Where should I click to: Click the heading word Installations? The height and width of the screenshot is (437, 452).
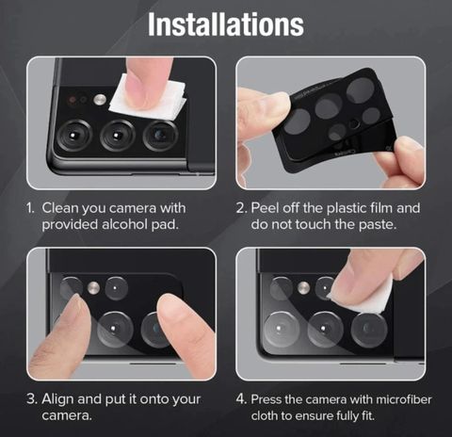pyautogui.click(x=226, y=24)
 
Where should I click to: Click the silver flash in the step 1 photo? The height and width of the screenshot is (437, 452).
pyautogui.click(x=100, y=100)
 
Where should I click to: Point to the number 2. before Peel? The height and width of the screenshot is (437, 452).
pyautogui.click(x=242, y=208)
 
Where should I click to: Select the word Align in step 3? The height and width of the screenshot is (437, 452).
pyautogui.click(x=57, y=399)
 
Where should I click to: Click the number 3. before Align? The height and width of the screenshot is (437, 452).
pyautogui.click(x=32, y=399)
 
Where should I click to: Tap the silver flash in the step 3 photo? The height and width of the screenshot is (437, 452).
pyautogui.click(x=93, y=288)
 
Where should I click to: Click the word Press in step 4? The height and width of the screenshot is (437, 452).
pyautogui.click(x=266, y=399)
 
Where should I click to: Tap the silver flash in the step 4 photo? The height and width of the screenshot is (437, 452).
pyautogui.click(x=303, y=288)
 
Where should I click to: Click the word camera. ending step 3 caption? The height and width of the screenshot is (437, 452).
pyautogui.click(x=67, y=416)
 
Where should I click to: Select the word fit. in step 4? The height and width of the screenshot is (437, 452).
pyautogui.click(x=368, y=416)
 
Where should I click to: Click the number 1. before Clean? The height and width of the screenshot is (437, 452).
pyautogui.click(x=30, y=208)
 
